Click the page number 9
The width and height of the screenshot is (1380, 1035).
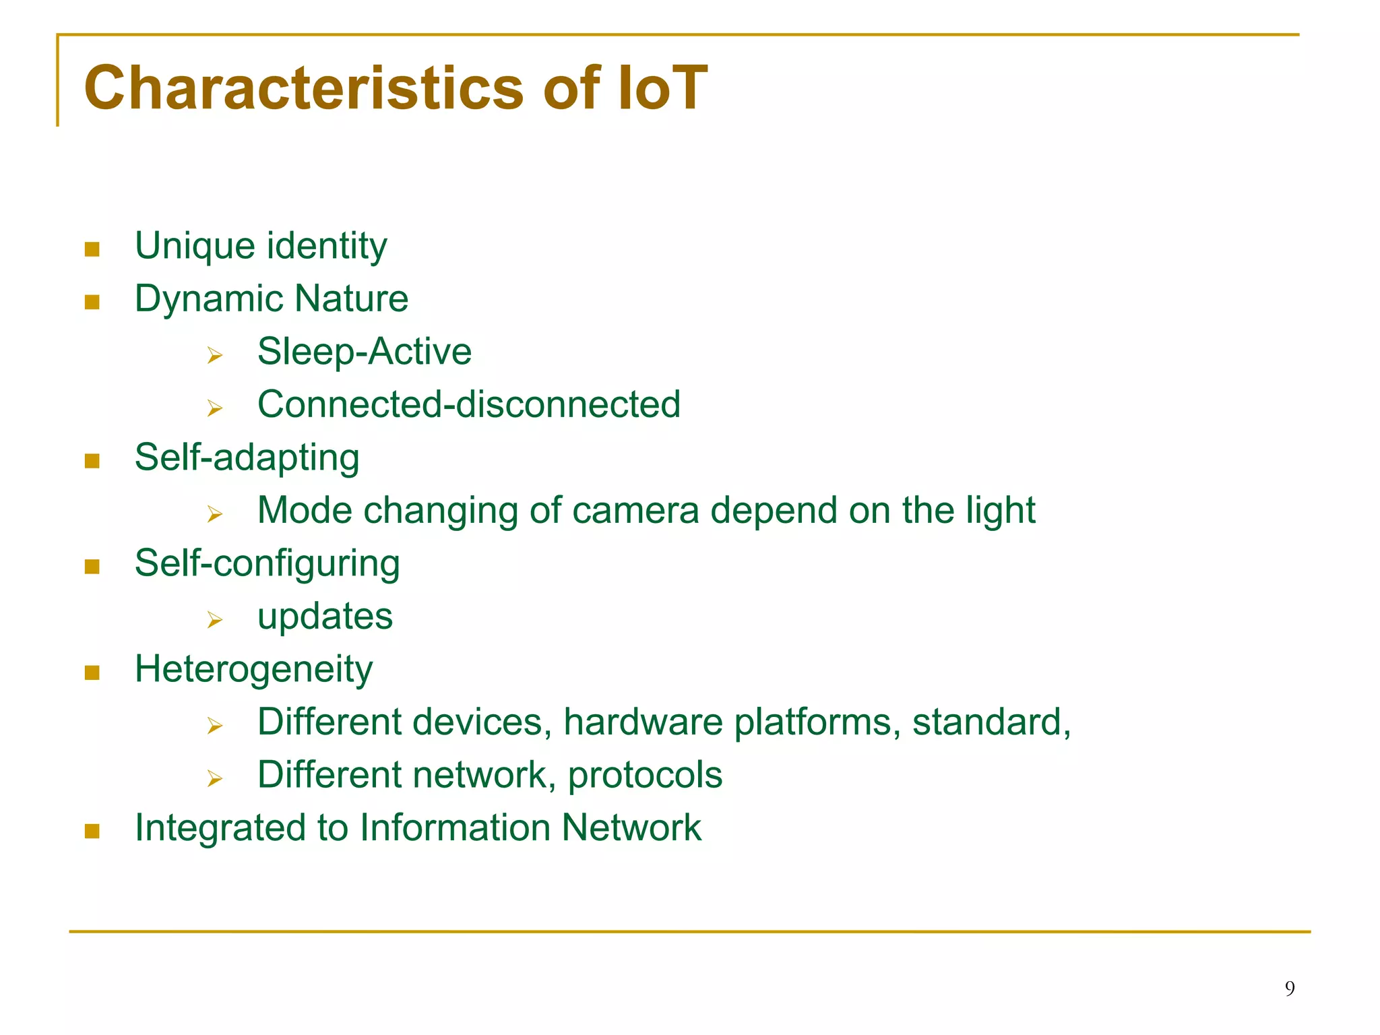pyautogui.click(x=1289, y=989)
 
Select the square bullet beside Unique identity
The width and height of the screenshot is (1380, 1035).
pyautogui.click(x=92, y=249)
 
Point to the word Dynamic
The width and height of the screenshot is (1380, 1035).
pyautogui.click(x=208, y=299)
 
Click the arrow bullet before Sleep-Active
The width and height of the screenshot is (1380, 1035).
pyautogui.click(x=215, y=355)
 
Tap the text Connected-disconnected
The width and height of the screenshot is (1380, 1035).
pyautogui.click(x=468, y=404)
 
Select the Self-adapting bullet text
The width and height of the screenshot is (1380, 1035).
pyautogui.click(x=247, y=458)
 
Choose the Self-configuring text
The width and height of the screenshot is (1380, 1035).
pyautogui.click(x=267, y=564)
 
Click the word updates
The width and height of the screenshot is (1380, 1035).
pyautogui.click(x=325, y=617)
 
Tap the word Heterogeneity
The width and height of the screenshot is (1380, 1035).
pyautogui.click(x=253, y=670)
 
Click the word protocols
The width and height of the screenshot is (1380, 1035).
pyautogui.click(x=645, y=776)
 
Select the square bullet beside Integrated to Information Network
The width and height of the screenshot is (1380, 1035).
pyautogui.click(x=92, y=832)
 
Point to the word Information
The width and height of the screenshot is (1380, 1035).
pyautogui.click(x=455, y=827)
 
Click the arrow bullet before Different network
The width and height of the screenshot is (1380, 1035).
pyautogui.click(x=215, y=779)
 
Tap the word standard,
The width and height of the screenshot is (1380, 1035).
pyautogui.click(x=991, y=722)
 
